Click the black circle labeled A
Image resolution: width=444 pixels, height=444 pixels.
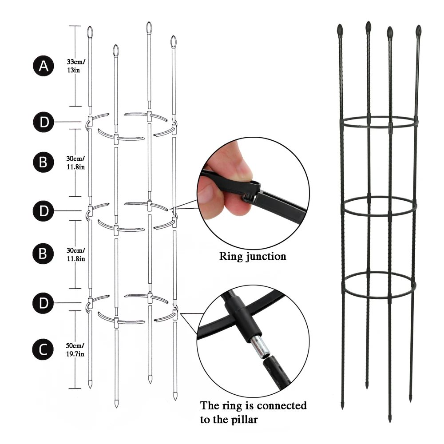click(43, 66)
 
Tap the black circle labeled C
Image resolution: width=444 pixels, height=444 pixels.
click(43, 349)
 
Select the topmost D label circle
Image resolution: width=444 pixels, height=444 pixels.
click(43, 122)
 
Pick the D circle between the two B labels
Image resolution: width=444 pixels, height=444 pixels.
click(43, 210)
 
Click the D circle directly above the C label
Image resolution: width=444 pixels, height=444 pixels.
click(43, 303)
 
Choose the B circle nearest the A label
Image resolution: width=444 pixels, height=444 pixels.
click(43, 162)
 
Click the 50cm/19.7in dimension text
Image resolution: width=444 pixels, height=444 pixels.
click(76, 349)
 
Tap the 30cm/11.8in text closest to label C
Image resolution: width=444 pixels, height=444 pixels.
click(76, 254)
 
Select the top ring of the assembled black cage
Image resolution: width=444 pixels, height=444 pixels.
click(379, 123)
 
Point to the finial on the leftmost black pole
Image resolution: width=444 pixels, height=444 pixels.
click(340, 30)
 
